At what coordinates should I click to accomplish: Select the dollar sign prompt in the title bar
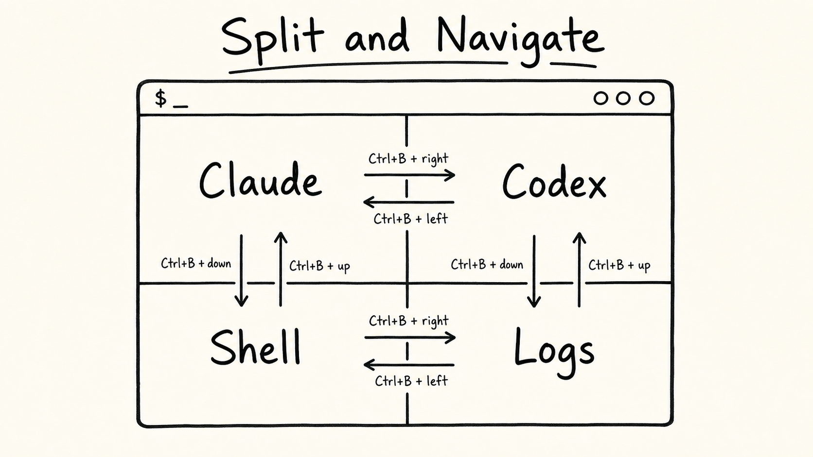pyautogui.click(x=160, y=98)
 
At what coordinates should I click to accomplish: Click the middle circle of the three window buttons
pyautogui.click(x=623, y=98)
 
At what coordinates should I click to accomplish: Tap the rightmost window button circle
pyautogui.click(x=646, y=98)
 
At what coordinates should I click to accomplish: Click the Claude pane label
pyautogui.click(x=261, y=180)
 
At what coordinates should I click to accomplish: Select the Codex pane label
pyautogui.click(x=554, y=181)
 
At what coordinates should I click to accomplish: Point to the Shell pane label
pyautogui.click(x=255, y=347)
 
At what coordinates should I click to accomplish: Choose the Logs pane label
pyautogui.click(x=554, y=352)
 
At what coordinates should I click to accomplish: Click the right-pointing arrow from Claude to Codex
pyautogui.click(x=409, y=175)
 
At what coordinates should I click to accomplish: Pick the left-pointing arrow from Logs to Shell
pyautogui.click(x=409, y=365)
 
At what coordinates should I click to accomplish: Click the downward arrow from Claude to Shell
pyautogui.click(x=241, y=271)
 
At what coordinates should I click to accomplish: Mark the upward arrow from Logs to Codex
pyautogui.click(x=579, y=270)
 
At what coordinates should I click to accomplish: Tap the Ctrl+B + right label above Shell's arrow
pyautogui.click(x=408, y=321)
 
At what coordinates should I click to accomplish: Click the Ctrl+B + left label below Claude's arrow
pyautogui.click(x=410, y=219)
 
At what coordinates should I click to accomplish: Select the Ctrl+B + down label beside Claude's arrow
pyautogui.click(x=196, y=263)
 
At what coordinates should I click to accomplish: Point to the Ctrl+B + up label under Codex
pyautogui.click(x=619, y=266)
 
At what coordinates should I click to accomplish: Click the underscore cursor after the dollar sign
pyautogui.click(x=181, y=106)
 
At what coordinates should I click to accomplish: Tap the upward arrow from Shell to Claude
pyautogui.click(x=281, y=269)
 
